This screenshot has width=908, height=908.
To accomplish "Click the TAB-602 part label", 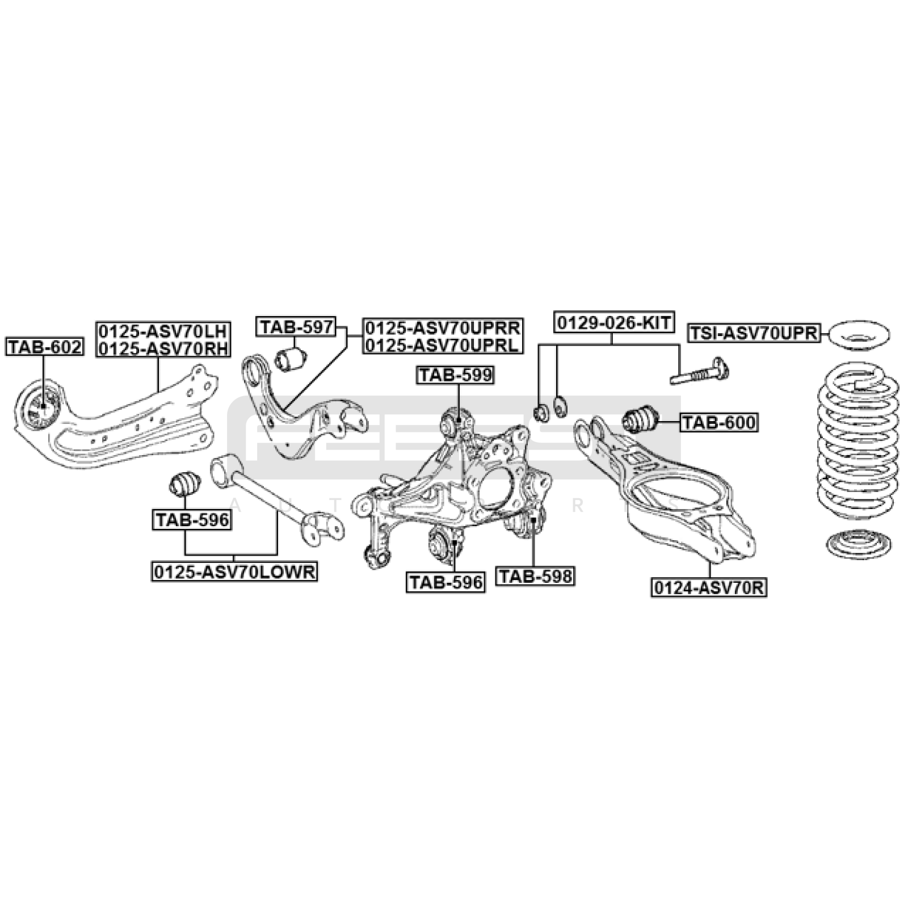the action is tap(45, 346).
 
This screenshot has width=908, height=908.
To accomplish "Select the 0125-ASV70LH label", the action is tap(163, 330).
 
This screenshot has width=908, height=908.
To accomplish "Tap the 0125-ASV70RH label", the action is tap(163, 347).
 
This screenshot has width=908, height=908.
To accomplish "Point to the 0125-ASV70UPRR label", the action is tap(442, 327).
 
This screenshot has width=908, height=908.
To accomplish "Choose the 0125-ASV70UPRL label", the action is tap(442, 345).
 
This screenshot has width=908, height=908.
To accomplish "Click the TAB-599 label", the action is tap(456, 375).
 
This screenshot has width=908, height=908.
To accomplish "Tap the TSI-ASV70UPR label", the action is tap(754, 333).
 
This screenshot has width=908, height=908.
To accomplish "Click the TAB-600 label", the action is tap(719, 422).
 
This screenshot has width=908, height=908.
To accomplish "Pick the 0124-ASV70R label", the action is tap(709, 588).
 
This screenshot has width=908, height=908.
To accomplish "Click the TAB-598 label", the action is tap(535, 577).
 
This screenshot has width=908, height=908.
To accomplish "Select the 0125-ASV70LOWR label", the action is tap(234, 571).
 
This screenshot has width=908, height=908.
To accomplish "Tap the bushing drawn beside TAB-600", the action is tap(640, 420).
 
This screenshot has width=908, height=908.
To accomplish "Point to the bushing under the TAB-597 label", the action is tap(291, 358).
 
